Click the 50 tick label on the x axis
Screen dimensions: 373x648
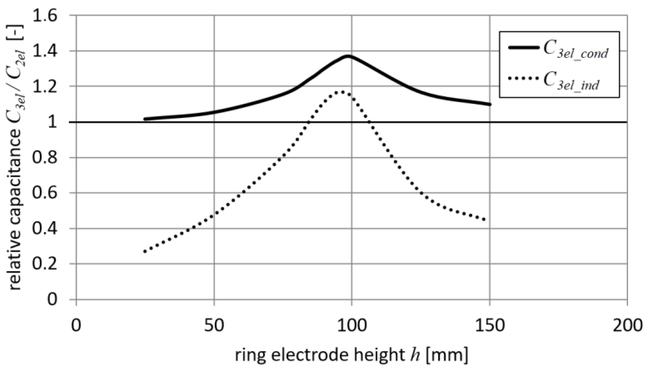[x=214, y=326]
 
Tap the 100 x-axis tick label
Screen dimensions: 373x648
[x=352, y=326]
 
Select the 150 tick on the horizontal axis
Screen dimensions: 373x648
[x=490, y=326]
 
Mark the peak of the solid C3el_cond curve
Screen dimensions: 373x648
[x=348, y=56]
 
